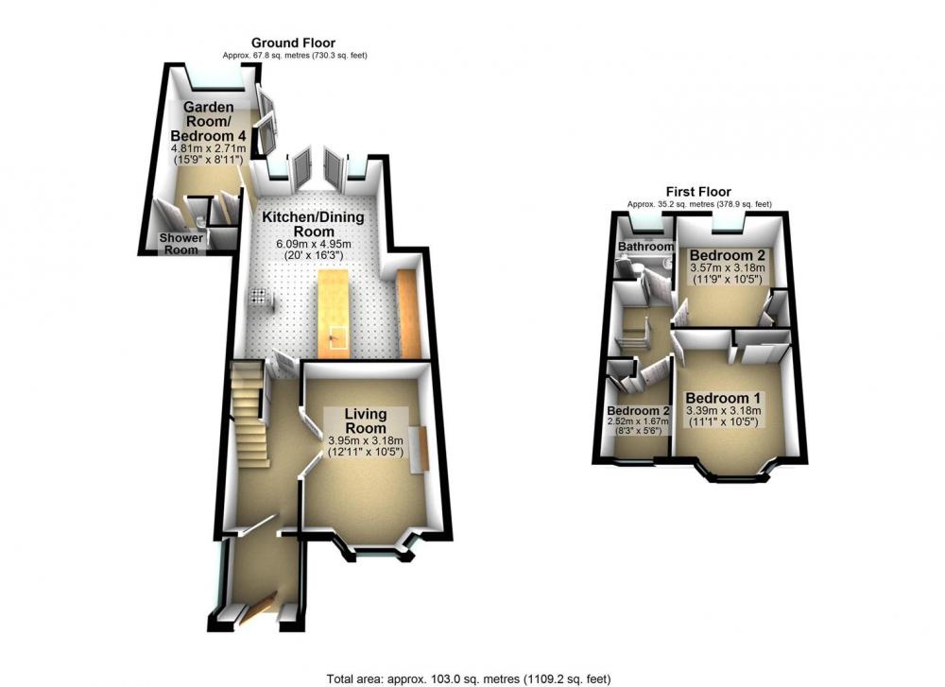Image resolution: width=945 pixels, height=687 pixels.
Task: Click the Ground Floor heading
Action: coord(293,43)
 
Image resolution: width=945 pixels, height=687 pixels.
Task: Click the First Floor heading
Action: coord(698,192)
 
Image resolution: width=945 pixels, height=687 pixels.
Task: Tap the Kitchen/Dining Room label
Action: coord(314,224)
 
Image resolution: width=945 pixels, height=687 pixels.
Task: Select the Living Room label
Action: coord(365,421)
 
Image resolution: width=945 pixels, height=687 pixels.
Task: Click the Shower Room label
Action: coord(181,244)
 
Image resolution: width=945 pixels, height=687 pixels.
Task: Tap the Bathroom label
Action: coord(645,247)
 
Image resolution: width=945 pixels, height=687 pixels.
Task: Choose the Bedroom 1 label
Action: coord(723,399)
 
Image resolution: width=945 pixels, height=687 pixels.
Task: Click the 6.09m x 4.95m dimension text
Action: coord(314,245)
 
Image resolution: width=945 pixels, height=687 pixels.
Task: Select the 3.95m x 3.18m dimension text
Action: coord(366,440)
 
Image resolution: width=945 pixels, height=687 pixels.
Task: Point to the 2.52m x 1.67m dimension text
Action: coord(638,421)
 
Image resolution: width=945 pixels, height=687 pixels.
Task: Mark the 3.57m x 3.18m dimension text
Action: coord(727,268)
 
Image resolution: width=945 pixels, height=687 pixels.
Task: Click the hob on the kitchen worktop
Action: coord(259,295)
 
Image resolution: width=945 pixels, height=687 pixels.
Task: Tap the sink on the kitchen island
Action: coord(337,339)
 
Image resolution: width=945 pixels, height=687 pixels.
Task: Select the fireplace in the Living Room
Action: coord(419,449)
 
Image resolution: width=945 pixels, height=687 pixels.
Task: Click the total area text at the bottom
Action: coord(469,679)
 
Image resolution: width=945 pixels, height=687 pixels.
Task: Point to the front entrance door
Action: coord(260,609)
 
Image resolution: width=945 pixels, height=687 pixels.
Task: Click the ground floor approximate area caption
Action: coord(295,56)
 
